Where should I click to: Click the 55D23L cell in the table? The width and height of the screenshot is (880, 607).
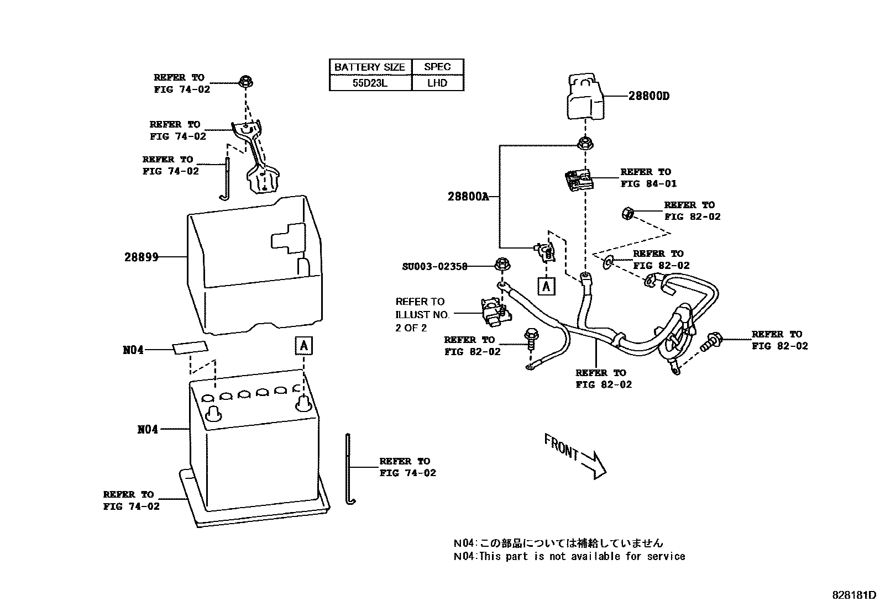coord(370,83)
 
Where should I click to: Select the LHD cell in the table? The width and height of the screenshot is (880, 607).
coord(437,83)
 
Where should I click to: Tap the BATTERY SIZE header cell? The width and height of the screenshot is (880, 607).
coord(370,67)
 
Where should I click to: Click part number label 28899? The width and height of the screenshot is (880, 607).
coord(142,257)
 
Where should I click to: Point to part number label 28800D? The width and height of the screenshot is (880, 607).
coord(648,96)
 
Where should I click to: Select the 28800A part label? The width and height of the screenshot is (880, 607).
coord(468,197)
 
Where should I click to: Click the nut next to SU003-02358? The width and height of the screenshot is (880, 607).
coord(501,264)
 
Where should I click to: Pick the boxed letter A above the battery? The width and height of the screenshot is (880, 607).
coord(303,346)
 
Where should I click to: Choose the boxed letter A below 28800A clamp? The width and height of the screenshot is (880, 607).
coord(546,286)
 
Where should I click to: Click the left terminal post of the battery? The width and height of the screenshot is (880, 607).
coord(213,413)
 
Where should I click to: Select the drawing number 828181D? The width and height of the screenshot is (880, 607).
coord(854,595)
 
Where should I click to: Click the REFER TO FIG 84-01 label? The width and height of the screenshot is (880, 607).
coord(648,178)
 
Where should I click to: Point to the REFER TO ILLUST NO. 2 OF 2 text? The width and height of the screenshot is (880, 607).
coord(422,314)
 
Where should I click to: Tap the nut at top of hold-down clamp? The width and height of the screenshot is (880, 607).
coord(245,82)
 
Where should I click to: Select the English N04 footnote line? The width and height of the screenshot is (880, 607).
coord(569,556)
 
